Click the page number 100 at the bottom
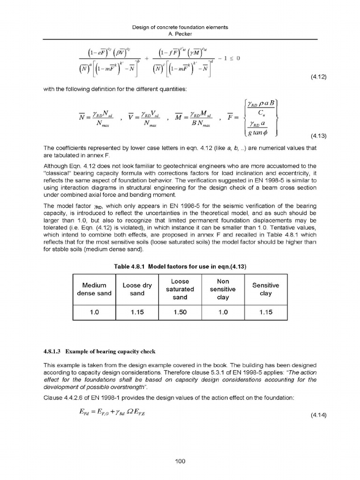(x=180, y=461)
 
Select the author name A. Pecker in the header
(x=180, y=35)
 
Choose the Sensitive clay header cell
(x=265, y=289)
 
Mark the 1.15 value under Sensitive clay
(x=265, y=312)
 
